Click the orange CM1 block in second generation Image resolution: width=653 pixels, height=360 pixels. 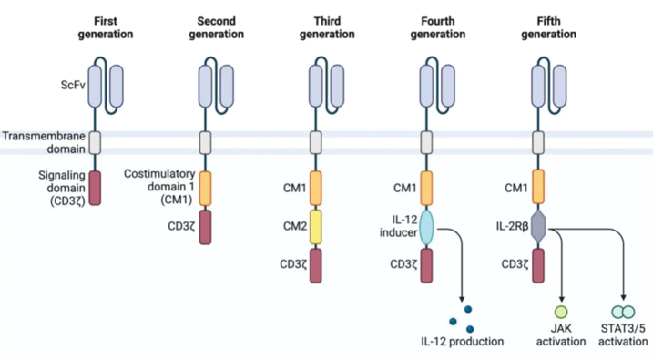(206, 188)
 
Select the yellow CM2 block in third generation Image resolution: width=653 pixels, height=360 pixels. (316, 227)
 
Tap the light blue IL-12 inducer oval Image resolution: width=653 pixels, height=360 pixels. (426, 228)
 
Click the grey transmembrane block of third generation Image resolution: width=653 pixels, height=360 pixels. (316, 142)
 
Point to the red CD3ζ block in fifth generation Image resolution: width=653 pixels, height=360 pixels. (538, 265)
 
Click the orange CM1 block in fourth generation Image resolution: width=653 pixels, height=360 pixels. (426, 188)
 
